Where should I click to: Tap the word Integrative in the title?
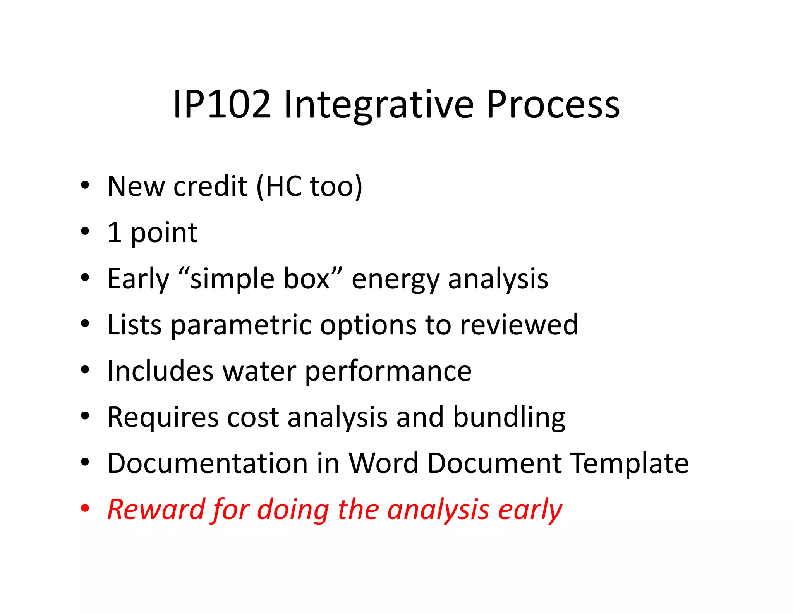378,105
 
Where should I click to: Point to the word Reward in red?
155,509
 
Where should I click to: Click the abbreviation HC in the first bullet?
283,186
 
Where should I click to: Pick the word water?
259,371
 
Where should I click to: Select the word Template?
630,463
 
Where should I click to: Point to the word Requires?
162,418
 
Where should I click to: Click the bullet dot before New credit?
85,185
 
